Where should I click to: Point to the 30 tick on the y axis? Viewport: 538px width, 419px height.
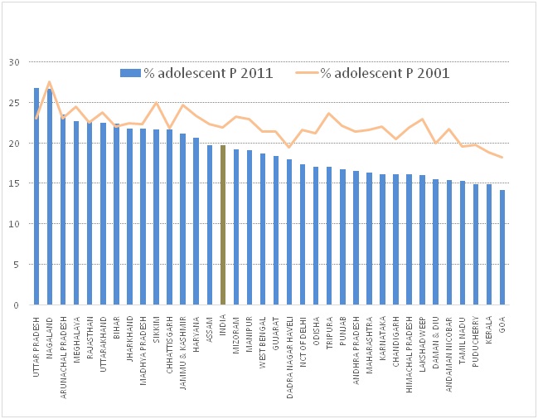13,62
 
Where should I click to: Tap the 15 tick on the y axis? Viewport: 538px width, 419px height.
13,183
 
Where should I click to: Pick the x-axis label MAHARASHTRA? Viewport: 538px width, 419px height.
369,339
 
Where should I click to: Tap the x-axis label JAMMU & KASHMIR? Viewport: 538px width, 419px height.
182,345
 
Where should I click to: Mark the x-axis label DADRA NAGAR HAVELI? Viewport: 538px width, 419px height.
289,349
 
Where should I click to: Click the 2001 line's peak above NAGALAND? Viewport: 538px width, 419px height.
50,82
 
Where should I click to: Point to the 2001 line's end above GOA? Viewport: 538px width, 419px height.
502,158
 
